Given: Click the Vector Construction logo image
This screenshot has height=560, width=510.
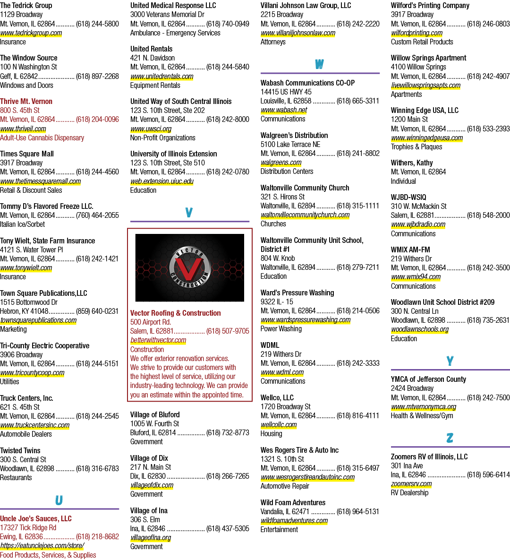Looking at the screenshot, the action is pos(189,267).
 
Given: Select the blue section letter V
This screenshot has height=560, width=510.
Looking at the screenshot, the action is pos(189,213).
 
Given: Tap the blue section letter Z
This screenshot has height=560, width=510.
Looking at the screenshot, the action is pos(450,438).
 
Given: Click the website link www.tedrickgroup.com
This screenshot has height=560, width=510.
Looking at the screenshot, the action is pos(31,33).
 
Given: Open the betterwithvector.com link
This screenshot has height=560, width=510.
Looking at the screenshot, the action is pos(158,340).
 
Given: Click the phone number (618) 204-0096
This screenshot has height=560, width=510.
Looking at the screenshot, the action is pos(97,120).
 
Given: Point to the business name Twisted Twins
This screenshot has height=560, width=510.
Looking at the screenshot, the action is pos(20,450).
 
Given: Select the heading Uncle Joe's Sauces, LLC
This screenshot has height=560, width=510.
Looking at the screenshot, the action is pos(36,518).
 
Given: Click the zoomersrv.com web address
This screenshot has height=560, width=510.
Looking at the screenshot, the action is pos(411,484).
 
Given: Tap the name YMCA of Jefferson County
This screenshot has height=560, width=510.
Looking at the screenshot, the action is pos(428,379).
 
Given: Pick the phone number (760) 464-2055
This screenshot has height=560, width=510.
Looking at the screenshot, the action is pos(97,215).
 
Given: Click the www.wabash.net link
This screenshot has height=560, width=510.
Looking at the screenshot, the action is pos(284,110).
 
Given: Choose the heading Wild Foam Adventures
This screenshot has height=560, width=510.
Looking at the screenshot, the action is pos(293,502).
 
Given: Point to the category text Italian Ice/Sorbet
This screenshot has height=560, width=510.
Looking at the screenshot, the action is pos(23,224).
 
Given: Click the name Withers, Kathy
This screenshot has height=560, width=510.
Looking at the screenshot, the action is pos(412,163).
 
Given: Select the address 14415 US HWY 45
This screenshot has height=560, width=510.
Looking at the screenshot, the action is pos(286,92).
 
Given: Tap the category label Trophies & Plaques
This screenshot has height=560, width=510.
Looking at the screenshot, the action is pos(416,147).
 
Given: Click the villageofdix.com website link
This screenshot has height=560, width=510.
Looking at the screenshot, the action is pos(152,485).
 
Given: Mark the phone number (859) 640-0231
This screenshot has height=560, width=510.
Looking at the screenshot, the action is pos(97,311).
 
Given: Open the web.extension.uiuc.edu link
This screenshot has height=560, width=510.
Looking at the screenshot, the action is pos(161,181).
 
